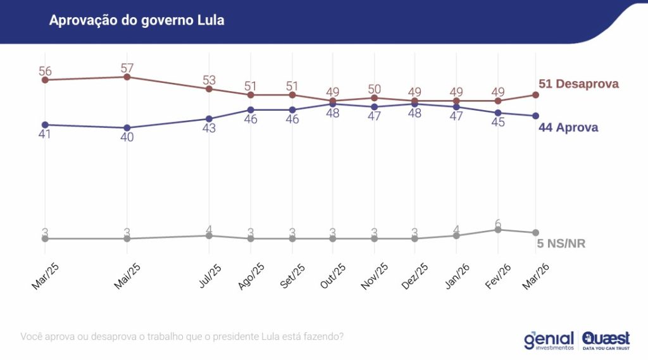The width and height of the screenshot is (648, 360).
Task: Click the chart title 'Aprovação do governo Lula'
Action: point(137,21)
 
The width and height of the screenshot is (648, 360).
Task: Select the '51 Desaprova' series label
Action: point(578,84)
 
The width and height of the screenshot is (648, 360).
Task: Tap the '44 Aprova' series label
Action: point(568,127)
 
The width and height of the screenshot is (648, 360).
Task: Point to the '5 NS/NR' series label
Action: point(561,244)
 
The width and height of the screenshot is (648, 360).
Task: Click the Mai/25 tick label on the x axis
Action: point(127,276)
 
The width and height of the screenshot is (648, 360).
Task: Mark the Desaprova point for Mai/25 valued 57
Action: point(127,77)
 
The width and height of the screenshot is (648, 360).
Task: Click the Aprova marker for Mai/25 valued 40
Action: point(127,128)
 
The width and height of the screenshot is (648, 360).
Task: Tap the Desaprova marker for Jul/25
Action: point(209,89)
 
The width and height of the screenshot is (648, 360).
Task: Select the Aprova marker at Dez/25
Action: point(414,104)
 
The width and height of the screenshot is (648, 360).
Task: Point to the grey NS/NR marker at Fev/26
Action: point(498,230)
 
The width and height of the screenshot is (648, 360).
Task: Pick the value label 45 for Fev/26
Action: point(498,122)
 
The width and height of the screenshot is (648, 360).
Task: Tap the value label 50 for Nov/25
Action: point(374,89)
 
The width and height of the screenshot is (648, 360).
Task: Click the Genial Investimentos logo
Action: point(548,340)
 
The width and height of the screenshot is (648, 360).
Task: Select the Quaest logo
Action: point(606,340)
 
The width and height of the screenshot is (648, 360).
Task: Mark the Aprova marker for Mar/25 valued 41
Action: point(45,125)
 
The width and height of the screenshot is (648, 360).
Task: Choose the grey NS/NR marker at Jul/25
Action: point(209,235)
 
